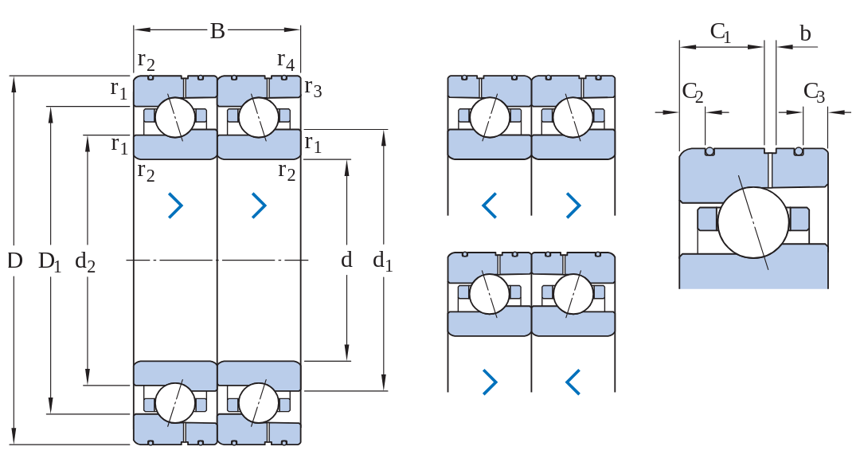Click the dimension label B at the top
(x=217, y=31)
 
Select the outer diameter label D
(x=15, y=261)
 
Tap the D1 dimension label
(x=49, y=261)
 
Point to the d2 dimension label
(x=85, y=261)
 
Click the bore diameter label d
(x=346, y=260)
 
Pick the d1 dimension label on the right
(x=382, y=261)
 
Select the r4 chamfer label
(x=286, y=61)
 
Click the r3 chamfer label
(x=313, y=88)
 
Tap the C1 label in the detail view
(x=720, y=33)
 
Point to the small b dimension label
(x=805, y=33)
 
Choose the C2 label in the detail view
(x=692, y=92)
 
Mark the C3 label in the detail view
(x=814, y=92)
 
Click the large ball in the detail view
(x=753, y=223)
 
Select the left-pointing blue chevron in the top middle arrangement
(x=489, y=206)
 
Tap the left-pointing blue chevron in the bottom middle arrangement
(x=573, y=382)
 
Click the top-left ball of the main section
(x=175, y=117)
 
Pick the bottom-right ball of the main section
(x=258, y=402)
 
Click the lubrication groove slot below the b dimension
(x=770, y=150)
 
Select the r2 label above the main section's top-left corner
(x=146, y=61)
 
